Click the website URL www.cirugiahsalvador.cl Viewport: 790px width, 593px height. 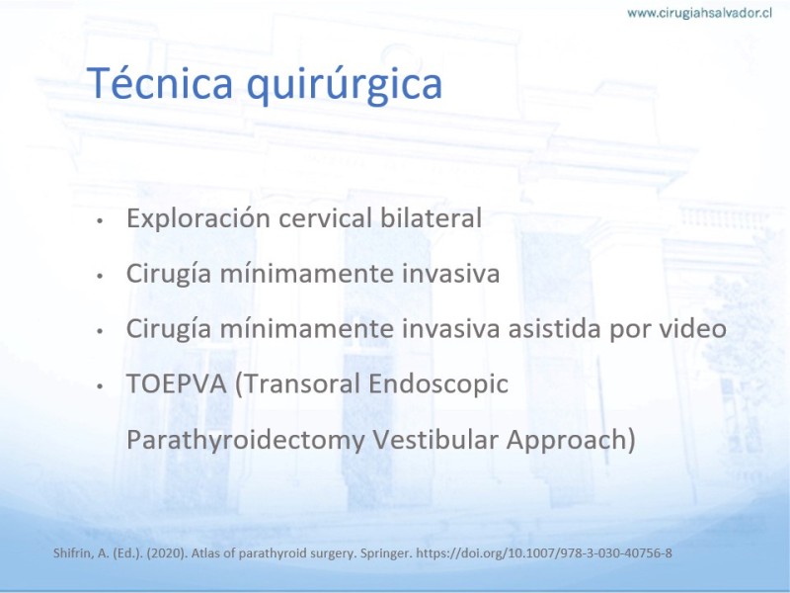699,13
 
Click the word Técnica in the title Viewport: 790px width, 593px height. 160,83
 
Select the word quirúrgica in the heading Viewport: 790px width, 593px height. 344,86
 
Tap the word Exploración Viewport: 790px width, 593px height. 198,218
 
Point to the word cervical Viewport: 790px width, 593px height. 325,217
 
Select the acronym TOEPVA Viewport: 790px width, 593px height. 177,383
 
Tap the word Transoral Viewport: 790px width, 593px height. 298,383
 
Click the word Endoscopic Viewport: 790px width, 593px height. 438,384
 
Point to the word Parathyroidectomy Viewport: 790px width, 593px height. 245,439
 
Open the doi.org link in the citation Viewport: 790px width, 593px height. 544,553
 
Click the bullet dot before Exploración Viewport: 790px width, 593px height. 100,220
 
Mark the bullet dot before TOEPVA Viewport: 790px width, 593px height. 100,386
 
